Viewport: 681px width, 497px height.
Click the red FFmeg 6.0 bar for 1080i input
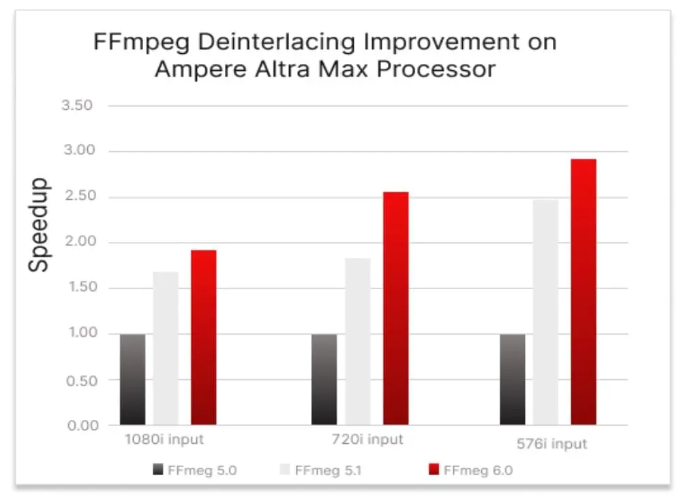pos(203,337)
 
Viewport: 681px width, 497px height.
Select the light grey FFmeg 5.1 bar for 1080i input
pos(166,348)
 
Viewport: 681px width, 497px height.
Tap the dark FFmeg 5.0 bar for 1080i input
pos(132,380)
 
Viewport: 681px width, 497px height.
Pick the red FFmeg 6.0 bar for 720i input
pos(395,308)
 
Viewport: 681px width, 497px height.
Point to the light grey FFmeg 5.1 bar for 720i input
pos(358,342)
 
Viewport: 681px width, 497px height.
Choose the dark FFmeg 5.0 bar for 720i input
pos(324,380)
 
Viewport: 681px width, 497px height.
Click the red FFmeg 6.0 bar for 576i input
pos(583,292)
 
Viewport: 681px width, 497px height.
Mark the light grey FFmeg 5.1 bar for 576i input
pos(545,312)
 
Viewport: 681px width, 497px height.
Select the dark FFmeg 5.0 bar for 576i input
pos(512,380)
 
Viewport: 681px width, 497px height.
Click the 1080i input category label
pos(164,439)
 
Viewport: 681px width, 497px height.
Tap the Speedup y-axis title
pos(39,225)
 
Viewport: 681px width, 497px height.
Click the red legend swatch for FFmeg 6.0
pos(432,470)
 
